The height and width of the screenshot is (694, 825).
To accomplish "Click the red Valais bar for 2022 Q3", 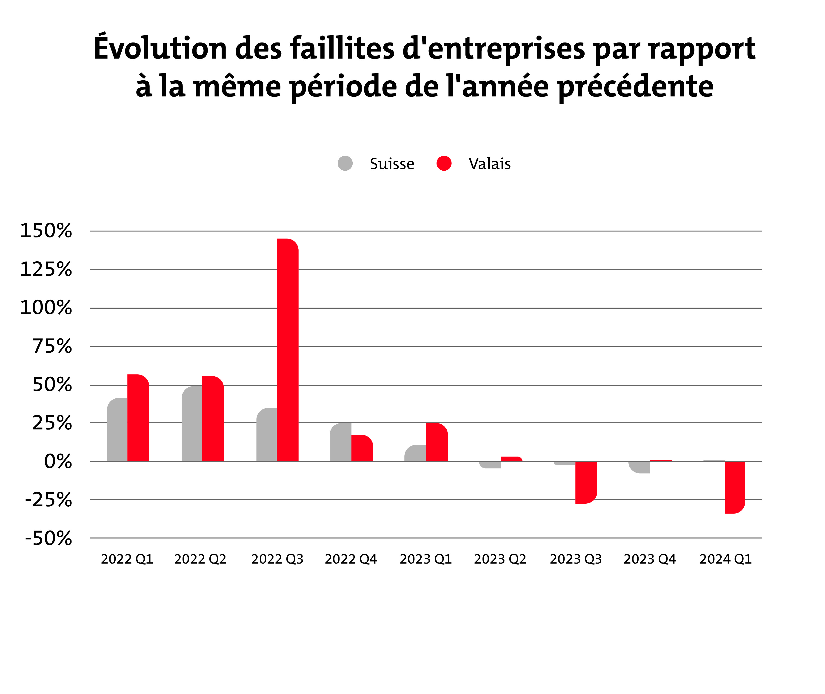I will [288, 350].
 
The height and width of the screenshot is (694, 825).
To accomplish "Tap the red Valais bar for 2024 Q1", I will [735, 487].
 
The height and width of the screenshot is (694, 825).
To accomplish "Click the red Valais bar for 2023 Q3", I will [586, 482].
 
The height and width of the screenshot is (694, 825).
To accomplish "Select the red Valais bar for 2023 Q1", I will [437, 442].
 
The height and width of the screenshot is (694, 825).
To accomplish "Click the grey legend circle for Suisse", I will [345, 163].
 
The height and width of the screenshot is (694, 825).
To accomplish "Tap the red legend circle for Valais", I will [444, 163].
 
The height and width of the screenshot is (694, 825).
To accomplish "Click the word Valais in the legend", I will [489, 164].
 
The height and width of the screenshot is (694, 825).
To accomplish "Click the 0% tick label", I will [58, 462].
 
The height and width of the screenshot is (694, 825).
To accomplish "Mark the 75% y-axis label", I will [52, 346].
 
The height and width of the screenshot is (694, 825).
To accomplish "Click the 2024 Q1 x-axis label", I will [725, 559].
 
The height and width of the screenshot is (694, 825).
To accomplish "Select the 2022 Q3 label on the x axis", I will [277, 559].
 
